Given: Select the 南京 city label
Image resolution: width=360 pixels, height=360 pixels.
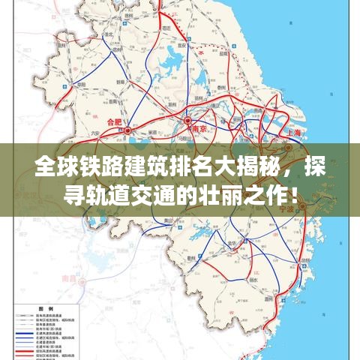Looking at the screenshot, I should coord(198,127).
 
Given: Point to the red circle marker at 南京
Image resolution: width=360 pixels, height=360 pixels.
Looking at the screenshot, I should coord(187,120).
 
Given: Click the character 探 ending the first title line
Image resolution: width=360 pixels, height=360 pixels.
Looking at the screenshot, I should coord(316,166).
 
